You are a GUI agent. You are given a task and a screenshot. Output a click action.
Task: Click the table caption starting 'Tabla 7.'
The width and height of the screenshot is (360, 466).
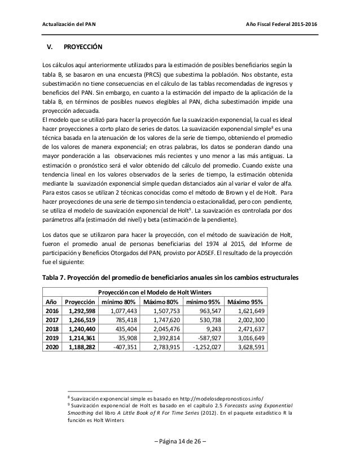[168, 276]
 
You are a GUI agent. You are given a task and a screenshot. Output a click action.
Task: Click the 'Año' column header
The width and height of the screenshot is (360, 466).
[51, 301]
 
